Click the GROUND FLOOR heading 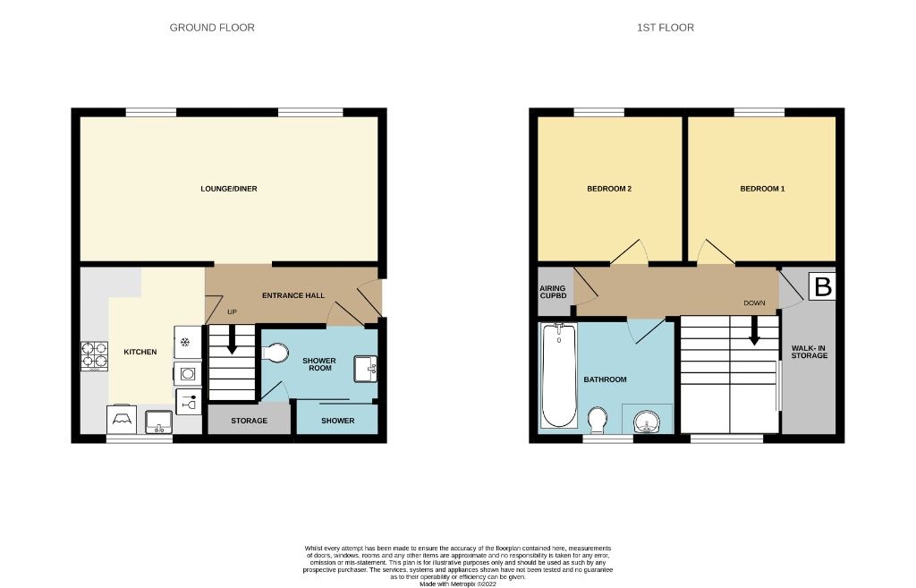tap(212, 28)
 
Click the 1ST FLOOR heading tap(665, 28)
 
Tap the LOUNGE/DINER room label tap(222, 189)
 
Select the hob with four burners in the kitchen tap(93, 357)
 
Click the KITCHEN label tap(140, 352)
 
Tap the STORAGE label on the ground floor tap(249, 421)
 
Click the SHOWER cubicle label tap(337, 421)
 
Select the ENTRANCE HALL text tap(293, 295)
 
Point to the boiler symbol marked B tap(821, 287)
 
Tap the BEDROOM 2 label tap(609, 189)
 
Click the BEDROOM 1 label tap(762, 189)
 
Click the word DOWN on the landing tap(754, 303)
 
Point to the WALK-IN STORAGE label tap(809, 351)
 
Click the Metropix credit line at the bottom tap(457, 584)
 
